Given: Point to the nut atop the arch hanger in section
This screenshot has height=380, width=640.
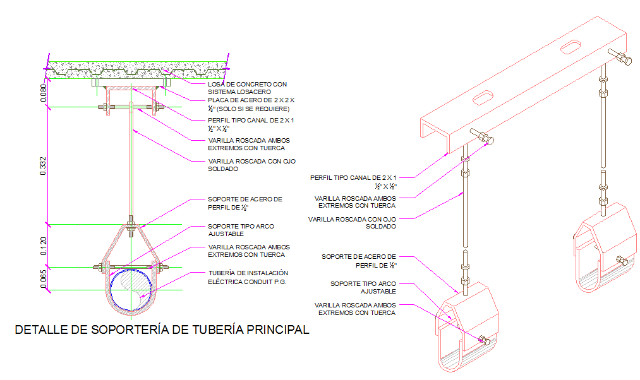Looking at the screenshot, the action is point(130,221).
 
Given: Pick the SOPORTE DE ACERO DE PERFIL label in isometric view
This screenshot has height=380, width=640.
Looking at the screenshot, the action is point(359,261).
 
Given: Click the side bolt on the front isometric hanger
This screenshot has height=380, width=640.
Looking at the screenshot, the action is point(485,341).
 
